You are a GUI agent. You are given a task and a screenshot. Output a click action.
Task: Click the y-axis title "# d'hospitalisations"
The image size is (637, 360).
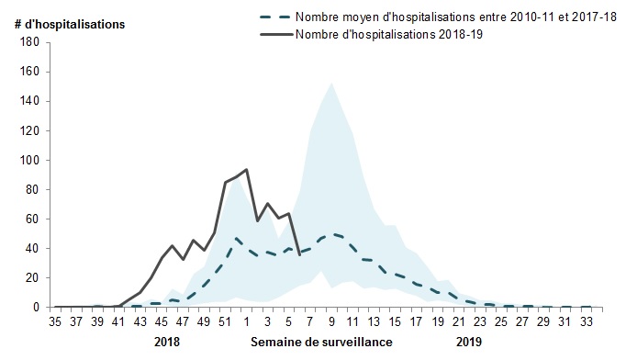pos(70,25)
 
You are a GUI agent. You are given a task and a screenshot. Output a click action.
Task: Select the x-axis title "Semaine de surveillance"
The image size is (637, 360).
pos(321,342)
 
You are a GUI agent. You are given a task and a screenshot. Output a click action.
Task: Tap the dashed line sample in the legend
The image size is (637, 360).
pos(276,17)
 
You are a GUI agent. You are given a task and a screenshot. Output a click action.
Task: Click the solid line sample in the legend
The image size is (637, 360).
pos(276,35)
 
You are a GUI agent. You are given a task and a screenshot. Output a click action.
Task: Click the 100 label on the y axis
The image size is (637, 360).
pos(29,160)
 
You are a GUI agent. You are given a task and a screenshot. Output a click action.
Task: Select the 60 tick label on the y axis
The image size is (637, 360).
pos(32,219)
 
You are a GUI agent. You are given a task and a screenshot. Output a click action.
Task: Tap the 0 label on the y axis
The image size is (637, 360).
pos(36,307)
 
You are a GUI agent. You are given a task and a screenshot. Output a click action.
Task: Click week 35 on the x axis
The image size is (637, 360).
pos(55,321)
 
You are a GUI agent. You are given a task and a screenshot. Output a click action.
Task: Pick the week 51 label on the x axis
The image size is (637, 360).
pos(225,321)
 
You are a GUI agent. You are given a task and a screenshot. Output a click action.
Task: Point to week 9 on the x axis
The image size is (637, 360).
pos(331,321)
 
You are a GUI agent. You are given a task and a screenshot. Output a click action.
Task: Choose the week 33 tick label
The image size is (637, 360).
pos(587,321)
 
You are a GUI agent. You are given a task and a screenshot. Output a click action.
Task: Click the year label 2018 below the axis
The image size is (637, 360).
pos(167,342)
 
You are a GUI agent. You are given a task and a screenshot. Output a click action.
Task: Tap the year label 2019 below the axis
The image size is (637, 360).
pos(469,342)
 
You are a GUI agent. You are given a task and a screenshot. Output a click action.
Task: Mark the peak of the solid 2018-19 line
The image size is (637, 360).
pos(246,169)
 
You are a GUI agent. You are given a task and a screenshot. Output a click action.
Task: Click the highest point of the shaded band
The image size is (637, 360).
pos(331,84)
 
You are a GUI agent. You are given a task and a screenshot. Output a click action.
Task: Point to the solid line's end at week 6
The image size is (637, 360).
pos(299,254)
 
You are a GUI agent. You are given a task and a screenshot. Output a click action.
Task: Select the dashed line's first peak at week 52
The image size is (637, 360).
pos(236,238)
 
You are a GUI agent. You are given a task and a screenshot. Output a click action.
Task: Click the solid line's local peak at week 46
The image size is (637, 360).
pos(172,245)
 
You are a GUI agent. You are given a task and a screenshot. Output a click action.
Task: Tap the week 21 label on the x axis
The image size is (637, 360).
pos(459,321)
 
